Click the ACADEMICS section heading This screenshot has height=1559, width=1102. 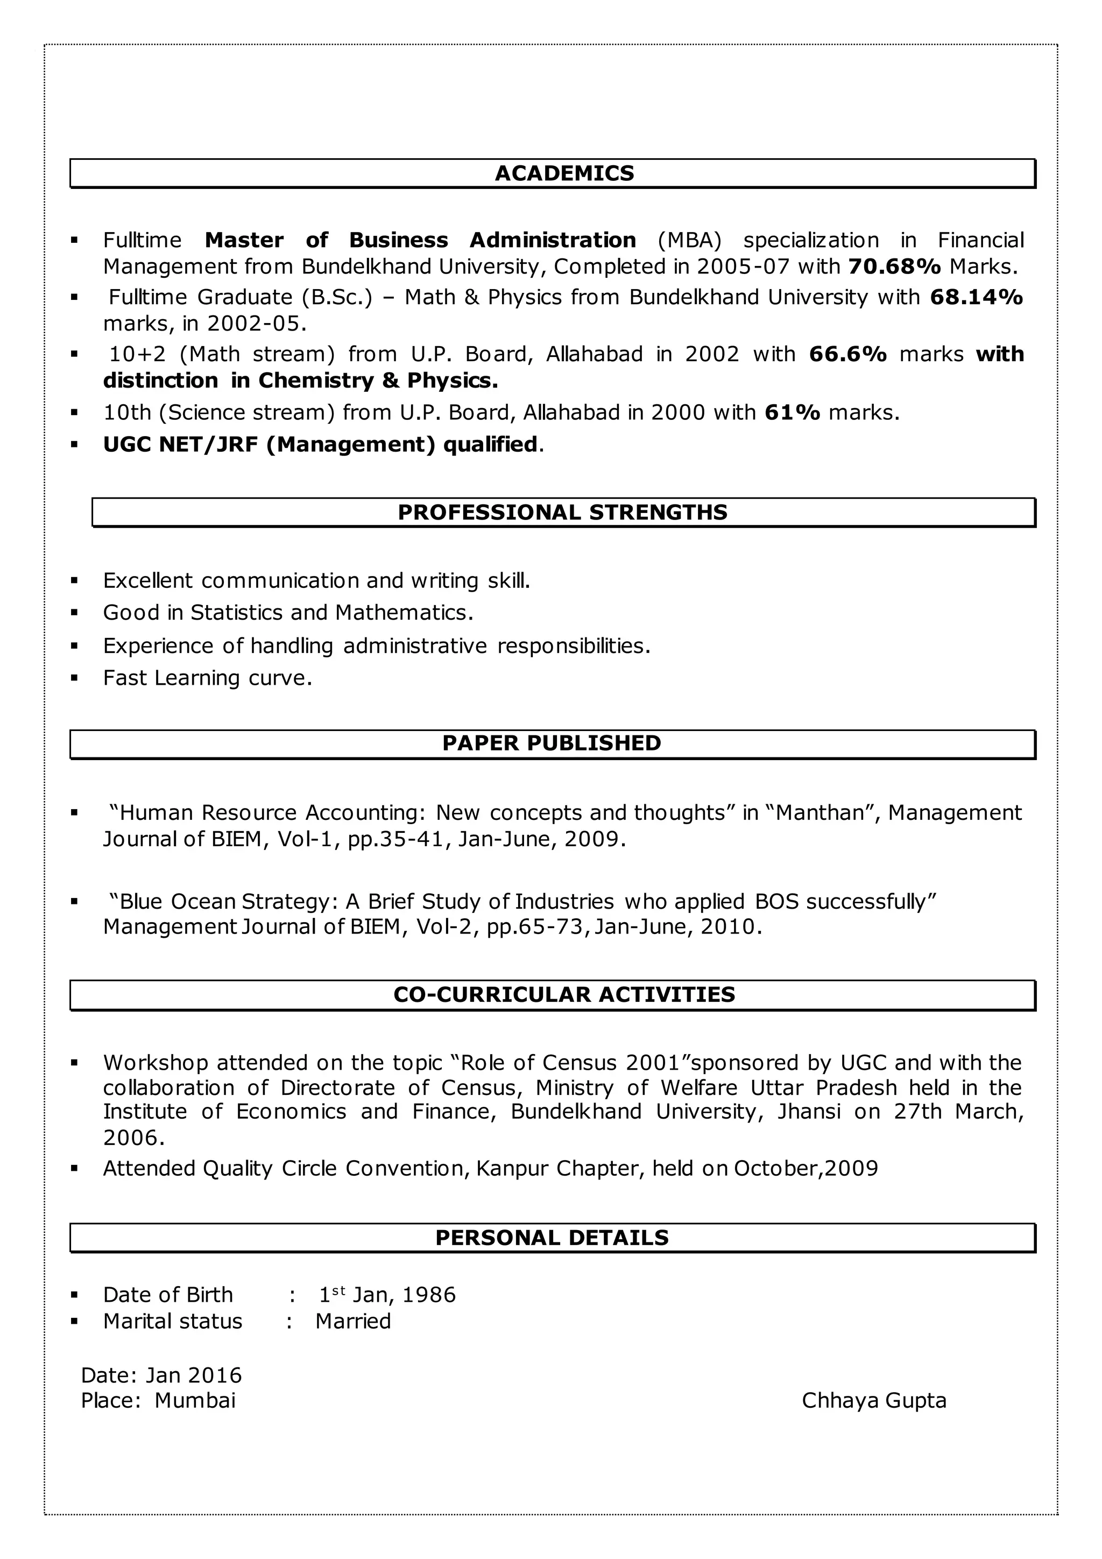pyautogui.click(x=564, y=173)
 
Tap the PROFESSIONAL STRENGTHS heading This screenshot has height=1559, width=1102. pyautogui.click(x=562, y=512)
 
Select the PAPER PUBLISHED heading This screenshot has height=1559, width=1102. pyautogui.click(x=551, y=743)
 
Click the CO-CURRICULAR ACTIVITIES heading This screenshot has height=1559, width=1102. pyautogui.click(x=564, y=995)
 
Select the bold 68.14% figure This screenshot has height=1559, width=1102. pyautogui.click(x=976, y=297)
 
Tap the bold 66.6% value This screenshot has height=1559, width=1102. pyautogui.click(x=847, y=354)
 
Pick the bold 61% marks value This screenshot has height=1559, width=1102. pyautogui.click(x=792, y=412)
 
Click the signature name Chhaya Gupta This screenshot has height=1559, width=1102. pyautogui.click(x=873, y=1400)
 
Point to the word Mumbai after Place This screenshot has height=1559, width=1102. pyautogui.click(x=195, y=1400)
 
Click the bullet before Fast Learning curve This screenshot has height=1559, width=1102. pyautogui.click(x=75, y=678)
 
